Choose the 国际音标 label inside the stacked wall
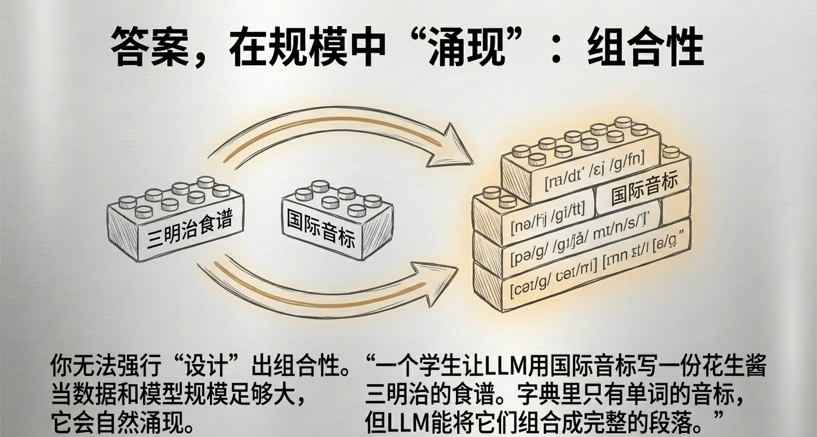coord(644,189)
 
